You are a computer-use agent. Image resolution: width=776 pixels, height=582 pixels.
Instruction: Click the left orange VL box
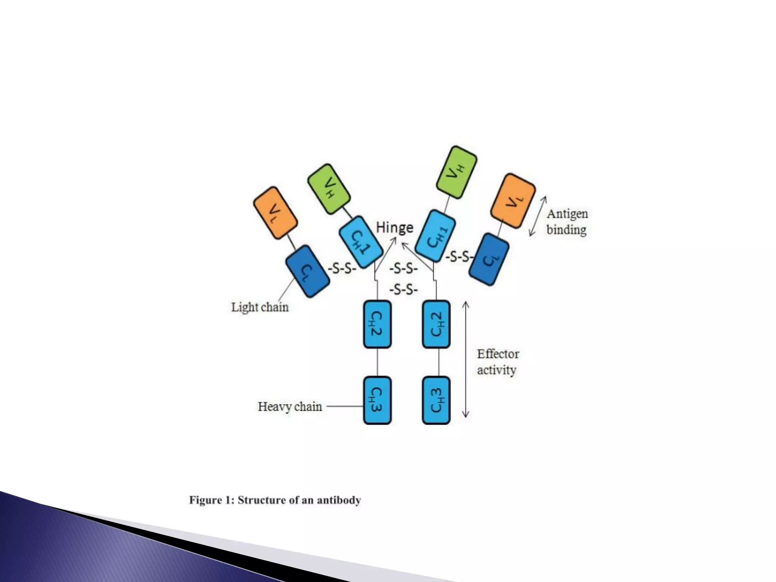[275, 213]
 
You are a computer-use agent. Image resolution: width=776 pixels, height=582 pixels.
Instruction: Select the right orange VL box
[513, 201]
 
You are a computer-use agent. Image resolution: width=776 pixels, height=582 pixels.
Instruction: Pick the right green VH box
[456, 172]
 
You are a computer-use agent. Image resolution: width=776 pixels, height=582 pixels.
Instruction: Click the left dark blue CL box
[307, 271]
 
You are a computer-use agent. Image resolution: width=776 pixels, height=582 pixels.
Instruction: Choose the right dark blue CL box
[489, 259]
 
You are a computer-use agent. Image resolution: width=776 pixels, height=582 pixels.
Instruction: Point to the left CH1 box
[361, 242]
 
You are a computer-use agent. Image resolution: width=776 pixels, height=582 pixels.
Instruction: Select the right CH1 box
[435, 236]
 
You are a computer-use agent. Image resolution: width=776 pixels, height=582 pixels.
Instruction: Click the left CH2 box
[377, 324]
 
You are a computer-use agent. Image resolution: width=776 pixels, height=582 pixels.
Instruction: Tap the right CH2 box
[436, 324]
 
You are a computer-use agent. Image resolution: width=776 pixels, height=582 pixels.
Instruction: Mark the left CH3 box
[377, 400]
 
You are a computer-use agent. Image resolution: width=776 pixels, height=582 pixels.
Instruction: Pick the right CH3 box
[436, 400]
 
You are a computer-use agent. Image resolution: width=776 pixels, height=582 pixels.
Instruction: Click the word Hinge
[394, 227]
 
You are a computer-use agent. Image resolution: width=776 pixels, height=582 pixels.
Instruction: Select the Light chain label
[260, 307]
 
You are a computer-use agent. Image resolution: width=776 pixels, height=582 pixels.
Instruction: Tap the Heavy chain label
[290, 407]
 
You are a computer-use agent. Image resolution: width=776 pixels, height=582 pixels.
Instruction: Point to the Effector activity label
[498, 362]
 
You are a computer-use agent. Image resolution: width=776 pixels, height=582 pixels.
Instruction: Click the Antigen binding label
[567, 222]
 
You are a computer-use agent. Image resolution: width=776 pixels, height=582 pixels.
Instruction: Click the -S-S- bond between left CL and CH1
[342, 269]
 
